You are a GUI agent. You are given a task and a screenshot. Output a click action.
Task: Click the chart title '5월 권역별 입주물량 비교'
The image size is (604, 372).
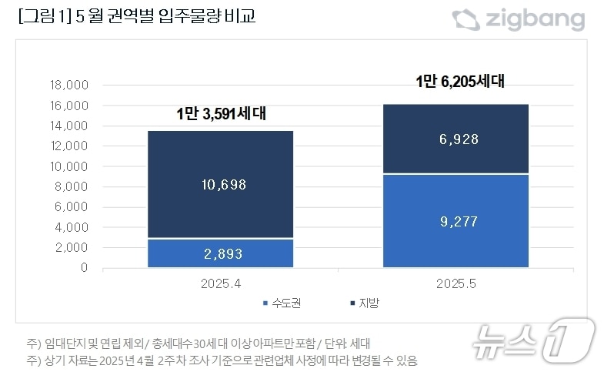tap(135, 17)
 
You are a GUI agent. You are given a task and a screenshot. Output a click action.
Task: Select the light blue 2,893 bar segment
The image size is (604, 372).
tap(221, 253)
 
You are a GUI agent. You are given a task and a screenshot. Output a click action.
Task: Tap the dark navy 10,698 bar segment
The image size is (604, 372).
tap(221, 185)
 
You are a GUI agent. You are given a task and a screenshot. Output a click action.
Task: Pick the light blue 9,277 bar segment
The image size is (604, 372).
tap(456, 222)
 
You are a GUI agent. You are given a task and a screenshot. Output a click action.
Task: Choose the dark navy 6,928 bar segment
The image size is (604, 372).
tap(456, 139)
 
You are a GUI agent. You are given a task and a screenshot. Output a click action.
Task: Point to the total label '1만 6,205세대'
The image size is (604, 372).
tap(459, 81)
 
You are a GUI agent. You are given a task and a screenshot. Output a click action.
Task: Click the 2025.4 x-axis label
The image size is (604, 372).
tap(221, 283)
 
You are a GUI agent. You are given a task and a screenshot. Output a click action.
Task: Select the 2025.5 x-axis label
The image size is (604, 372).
tap(456, 283)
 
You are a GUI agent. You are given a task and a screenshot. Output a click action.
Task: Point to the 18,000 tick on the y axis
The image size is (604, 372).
tap(69, 85)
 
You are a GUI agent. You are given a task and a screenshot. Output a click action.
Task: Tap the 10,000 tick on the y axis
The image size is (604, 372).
tap(69, 166)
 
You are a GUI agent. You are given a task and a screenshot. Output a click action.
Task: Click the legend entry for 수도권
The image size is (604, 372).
tap(281, 303)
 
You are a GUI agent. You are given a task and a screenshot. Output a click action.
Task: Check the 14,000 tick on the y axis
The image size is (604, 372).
tap(69, 126)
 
